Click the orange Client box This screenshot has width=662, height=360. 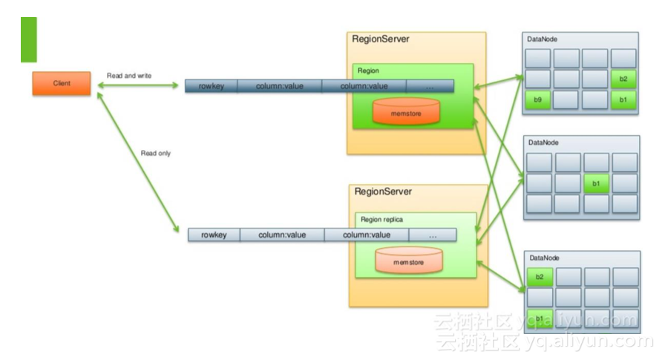point(61,83)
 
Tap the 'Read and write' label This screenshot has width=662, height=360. point(129,76)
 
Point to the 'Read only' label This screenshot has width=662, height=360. point(156,154)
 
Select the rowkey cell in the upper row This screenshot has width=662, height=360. point(211,86)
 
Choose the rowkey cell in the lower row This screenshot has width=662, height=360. point(213,235)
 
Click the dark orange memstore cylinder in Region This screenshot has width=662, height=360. point(405,112)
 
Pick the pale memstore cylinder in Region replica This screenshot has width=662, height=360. point(408,261)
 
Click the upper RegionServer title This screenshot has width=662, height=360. point(380,39)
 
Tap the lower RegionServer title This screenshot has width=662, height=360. point(383,192)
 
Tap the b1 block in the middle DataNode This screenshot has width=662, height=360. point(596,183)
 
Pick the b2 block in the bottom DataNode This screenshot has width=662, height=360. point(540,278)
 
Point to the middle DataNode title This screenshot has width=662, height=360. point(543,142)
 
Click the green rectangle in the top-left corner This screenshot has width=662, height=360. point(28,39)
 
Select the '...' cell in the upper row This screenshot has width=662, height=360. point(430,86)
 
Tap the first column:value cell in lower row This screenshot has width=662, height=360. point(282,235)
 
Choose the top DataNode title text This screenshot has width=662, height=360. point(542,39)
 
